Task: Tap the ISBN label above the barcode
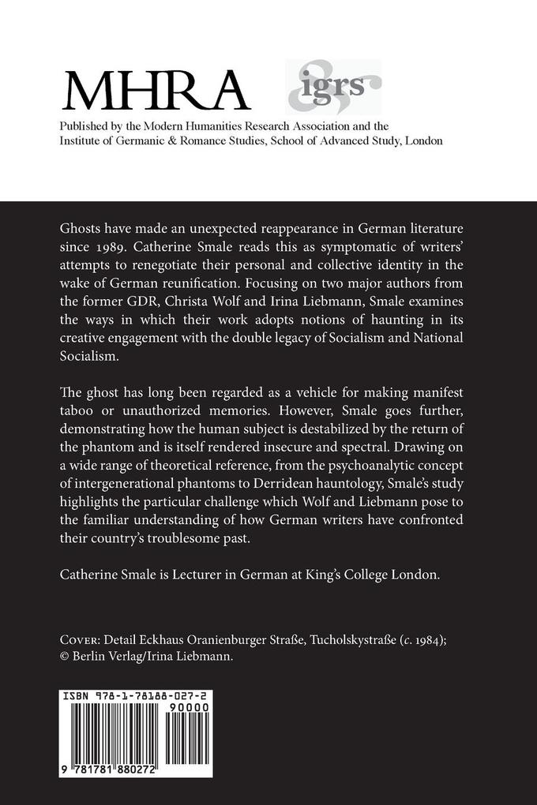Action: (77, 698)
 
